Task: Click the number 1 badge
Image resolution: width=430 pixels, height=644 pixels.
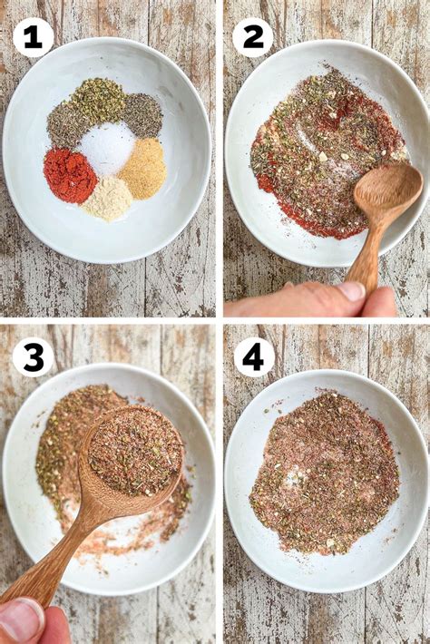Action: [x=33, y=37]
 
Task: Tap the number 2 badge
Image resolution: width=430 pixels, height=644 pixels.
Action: [x=253, y=37]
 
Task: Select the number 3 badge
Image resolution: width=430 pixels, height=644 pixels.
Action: [x=33, y=357]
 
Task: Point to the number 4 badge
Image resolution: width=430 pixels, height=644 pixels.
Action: [x=253, y=357]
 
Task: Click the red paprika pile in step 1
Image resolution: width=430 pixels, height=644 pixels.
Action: [x=69, y=175]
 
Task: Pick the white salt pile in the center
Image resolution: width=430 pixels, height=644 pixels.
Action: [x=107, y=147]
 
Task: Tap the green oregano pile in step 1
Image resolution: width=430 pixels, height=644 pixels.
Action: [x=99, y=100]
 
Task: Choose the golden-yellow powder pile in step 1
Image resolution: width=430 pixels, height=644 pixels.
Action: [x=143, y=169]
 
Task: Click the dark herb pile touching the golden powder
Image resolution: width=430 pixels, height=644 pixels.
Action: [x=142, y=115]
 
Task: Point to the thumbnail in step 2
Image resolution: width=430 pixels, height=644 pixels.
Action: [x=350, y=291]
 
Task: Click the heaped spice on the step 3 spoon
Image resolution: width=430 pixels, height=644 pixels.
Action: [x=134, y=450]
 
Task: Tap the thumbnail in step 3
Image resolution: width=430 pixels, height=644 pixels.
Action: [x=20, y=620]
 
